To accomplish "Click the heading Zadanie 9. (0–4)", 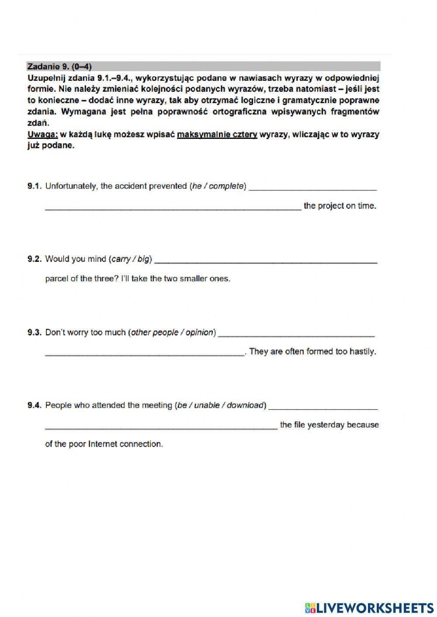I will click(x=59, y=66).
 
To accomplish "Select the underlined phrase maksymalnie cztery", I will click(x=217, y=134).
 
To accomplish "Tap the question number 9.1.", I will click(x=34, y=186).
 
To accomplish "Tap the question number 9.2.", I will click(x=34, y=259).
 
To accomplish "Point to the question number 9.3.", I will click(x=34, y=332).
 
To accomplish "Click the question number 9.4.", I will click(x=34, y=405).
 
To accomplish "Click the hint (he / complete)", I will click(x=218, y=186).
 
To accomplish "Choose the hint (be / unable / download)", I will click(x=220, y=405).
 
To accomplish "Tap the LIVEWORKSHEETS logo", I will click(x=369, y=607).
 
